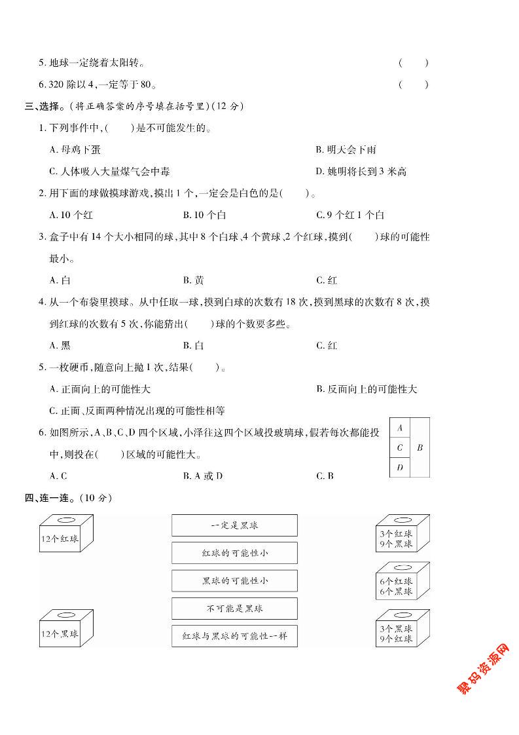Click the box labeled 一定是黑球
(234, 525)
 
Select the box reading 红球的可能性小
(234, 553)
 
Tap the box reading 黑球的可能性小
(234, 581)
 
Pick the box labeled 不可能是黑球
(234, 609)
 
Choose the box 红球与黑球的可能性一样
(234, 636)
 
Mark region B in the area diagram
(420, 448)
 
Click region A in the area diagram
(399, 428)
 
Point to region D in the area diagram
(399, 467)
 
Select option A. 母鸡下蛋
(75, 150)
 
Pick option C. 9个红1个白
(350, 215)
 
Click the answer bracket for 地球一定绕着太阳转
(413, 64)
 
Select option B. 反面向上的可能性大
(367, 389)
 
